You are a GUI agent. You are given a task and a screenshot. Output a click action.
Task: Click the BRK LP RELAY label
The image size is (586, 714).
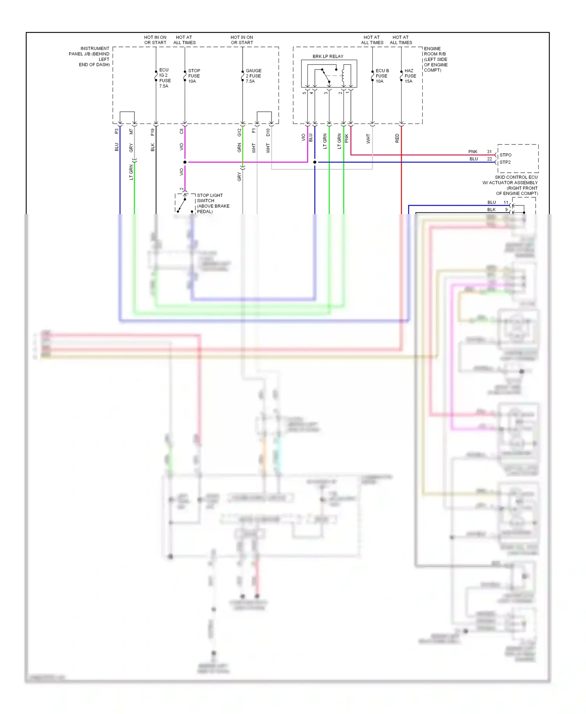(x=328, y=56)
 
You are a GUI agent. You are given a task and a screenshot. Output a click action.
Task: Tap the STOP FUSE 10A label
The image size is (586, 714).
(x=194, y=76)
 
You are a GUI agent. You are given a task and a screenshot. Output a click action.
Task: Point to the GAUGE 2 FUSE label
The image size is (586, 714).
(x=253, y=76)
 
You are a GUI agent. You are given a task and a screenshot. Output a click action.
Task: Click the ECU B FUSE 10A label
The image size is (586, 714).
(x=382, y=76)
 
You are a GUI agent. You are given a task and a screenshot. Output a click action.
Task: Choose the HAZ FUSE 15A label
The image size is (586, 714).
(x=410, y=76)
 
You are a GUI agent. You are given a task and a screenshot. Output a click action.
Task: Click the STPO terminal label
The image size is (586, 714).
(x=505, y=155)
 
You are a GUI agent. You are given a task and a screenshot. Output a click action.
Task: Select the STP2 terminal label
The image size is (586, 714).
(x=505, y=162)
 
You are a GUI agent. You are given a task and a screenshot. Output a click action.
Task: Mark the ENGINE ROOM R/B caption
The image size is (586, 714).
(x=436, y=59)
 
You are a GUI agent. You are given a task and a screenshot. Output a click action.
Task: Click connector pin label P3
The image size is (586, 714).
(x=116, y=131)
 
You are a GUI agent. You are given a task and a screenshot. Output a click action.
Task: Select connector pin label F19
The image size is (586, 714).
(x=152, y=132)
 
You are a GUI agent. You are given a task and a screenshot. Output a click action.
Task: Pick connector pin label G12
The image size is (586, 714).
(x=239, y=132)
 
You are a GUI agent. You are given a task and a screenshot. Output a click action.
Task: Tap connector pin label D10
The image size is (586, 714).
(x=268, y=132)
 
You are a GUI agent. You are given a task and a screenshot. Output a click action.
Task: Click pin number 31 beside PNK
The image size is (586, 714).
(x=489, y=152)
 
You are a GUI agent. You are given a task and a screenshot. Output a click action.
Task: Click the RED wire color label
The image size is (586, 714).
(x=397, y=138)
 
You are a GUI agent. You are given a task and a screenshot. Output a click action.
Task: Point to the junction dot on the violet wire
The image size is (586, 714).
(x=185, y=162)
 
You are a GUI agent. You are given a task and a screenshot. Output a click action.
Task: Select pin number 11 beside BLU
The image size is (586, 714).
(x=506, y=202)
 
